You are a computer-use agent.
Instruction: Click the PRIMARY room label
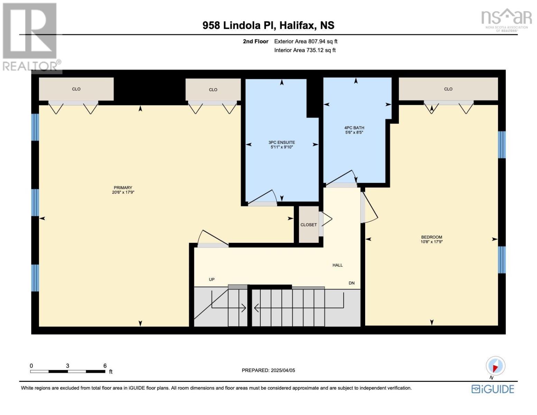tap(123, 187)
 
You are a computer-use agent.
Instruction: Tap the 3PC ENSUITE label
tap(281, 142)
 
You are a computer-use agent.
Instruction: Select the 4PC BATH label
tap(354, 128)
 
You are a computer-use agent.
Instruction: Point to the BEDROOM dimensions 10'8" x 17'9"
tap(432, 242)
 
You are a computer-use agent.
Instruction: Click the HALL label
tap(337, 265)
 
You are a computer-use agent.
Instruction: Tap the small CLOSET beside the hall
tap(308, 225)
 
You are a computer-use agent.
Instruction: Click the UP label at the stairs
tap(212, 279)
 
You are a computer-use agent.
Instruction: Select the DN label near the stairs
tap(351, 283)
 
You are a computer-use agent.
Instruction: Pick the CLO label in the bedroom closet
tap(448, 89)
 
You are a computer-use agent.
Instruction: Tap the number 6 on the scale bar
tap(105, 366)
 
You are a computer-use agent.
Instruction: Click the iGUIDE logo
tap(492, 389)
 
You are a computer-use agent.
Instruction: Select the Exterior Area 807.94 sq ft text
tap(306, 41)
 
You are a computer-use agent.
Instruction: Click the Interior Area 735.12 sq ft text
tap(305, 50)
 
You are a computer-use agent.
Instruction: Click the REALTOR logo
tap(31, 37)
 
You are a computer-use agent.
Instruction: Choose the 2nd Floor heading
tap(256, 41)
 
